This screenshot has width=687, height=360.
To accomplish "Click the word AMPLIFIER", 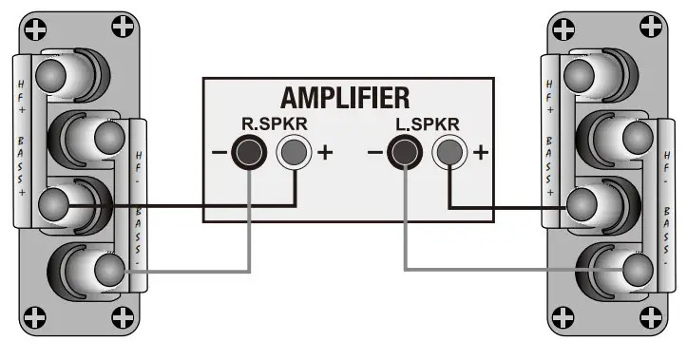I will (x=345, y=98).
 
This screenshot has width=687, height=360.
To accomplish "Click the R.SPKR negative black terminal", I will (x=250, y=151).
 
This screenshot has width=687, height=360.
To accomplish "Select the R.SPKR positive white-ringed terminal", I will (x=293, y=151).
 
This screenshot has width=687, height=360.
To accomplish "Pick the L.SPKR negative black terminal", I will (x=405, y=151).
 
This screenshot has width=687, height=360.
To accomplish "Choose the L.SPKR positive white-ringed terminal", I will (x=447, y=151).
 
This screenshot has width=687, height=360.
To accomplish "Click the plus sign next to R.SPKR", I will (x=325, y=152).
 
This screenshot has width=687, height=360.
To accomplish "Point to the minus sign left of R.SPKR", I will (x=219, y=152).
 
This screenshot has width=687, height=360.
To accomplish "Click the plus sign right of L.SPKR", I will (x=481, y=152).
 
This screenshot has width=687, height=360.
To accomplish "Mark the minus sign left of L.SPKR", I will (x=374, y=152).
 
